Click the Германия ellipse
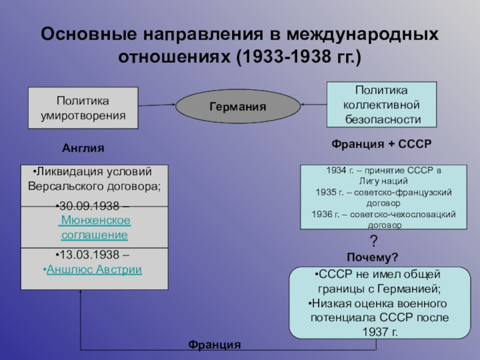click(x=238, y=107)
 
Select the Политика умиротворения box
click(x=83, y=107)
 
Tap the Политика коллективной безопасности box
click(x=382, y=105)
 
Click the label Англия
click(x=83, y=148)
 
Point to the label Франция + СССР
click(x=382, y=145)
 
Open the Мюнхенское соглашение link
click(x=94, y=227)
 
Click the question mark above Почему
click(x=373, y=242)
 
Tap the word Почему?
click(x=373, y=257)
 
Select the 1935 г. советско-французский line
click(x=383, y=192)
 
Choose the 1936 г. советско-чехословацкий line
click(x=383, y=214)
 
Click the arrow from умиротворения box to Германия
click(x=156, y=105)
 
